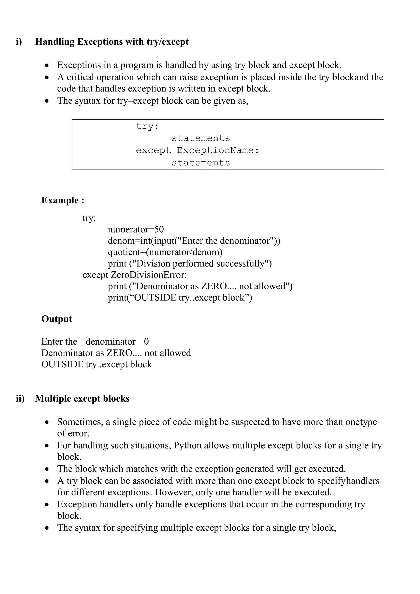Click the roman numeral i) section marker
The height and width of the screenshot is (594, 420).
(x=19, y=42)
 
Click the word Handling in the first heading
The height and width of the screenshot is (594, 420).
(x=55, y=42)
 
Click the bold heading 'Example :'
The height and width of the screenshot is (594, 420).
(x=63, y=200)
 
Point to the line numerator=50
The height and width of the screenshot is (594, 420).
(x=136, y=230)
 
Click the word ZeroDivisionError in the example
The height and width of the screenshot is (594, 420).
(x=148, y=275)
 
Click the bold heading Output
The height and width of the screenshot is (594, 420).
(x=57, y=319)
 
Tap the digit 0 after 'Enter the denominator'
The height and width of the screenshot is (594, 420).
(x=146, y=342)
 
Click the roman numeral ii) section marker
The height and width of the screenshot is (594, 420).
(x=20, y=398)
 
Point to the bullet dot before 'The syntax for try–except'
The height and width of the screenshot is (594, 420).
(x=47, y=101)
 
